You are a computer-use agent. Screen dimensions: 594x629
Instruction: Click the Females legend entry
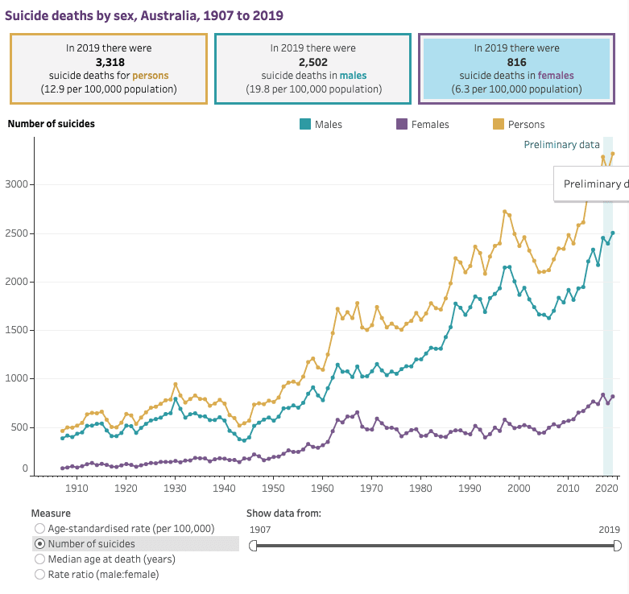click(422, 125)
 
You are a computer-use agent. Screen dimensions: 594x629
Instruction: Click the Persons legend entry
click(518, 125)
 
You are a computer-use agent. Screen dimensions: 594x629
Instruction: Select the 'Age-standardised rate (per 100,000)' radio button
click(39, 529)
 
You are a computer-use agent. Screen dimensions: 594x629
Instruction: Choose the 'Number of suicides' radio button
click(39, 544)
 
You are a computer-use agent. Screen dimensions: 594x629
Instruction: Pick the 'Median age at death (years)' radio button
click(39, 559)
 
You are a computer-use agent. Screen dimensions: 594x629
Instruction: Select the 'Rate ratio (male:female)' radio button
click(39, 574)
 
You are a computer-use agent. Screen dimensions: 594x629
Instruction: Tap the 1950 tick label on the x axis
click(273, 488)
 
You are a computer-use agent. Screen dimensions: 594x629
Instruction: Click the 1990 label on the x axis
click(470, 488)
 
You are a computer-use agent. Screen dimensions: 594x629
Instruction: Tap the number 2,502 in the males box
click(313, 61)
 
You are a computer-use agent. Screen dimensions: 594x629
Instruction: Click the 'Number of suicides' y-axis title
click(51, 124)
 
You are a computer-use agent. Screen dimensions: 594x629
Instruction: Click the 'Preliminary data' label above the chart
click(561, 145)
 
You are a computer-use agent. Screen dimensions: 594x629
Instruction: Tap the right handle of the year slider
click(618, 546)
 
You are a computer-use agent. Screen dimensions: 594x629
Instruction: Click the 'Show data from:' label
click(283, 513)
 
